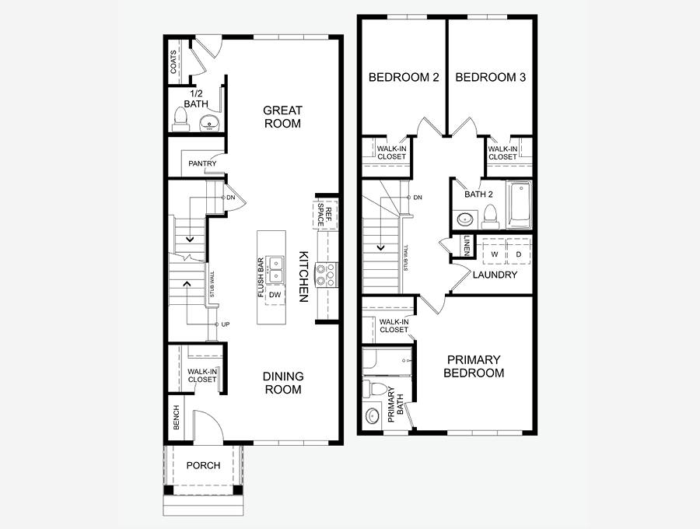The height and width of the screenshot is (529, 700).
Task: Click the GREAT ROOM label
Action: [282, 117]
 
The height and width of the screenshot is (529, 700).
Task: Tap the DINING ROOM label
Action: [283, 383]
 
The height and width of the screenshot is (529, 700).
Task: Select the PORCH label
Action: [203, 465]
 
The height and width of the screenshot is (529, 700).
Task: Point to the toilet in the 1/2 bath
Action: [180, 120]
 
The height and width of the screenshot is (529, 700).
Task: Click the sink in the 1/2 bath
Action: [209, 122]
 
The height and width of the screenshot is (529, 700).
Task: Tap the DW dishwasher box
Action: [275, 295]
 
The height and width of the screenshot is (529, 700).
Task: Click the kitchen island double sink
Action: [275, 270]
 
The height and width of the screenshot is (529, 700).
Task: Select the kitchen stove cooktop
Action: [327, 275]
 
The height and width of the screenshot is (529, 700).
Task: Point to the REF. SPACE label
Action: [325, 214]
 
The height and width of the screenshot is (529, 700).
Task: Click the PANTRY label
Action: [202, 163]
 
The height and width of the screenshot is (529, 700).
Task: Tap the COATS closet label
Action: [173, 61]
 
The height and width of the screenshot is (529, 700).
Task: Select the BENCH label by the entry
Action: [176, 418]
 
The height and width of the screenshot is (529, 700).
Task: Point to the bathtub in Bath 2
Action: [519, 205]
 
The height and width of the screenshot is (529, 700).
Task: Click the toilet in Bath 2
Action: [490, 217]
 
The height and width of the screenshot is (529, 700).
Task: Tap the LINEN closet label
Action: [467, 246]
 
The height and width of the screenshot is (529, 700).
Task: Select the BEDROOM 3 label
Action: [491, 77]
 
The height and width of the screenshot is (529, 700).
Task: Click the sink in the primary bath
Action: [373, 416]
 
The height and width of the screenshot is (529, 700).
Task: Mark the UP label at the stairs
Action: [226, 324]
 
